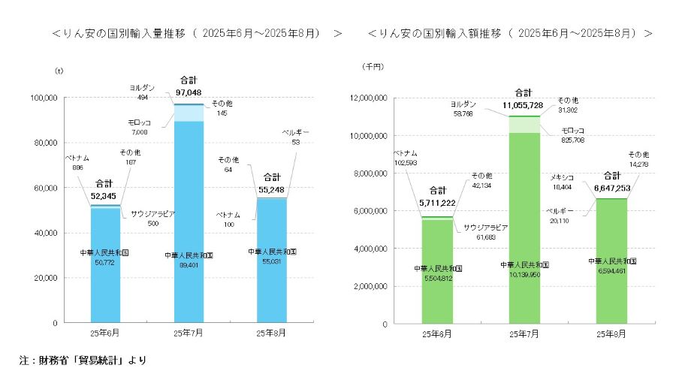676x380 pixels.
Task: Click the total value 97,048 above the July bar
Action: pyautogui.click(x=189, y=91)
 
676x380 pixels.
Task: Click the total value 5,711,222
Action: pyautogui.click(x=437, y=202)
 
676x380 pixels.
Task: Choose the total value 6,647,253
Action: pyautogui.click(x=611, y=186)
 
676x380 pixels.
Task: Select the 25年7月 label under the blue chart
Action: pyautogui.click(x=189, y=332)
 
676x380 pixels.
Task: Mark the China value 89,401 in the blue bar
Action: pyautogui.click(x=189, y=266)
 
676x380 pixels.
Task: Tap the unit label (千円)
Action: pyautogui.click(x=373, y=68)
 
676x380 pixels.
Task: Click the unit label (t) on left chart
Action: pyautogui.click(x=59, y=71)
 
